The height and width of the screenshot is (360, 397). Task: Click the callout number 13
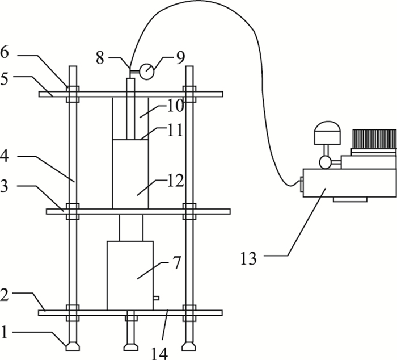coord(248,258)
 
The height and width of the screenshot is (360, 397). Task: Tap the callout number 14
coord(159,353)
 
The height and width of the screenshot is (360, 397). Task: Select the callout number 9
coord(180,58)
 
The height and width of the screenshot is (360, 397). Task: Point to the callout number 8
coord(100,58)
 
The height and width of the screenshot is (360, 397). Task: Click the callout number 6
coord(5,52)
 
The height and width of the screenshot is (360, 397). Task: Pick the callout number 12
coord(175,181)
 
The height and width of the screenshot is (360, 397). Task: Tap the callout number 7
coord(176,263)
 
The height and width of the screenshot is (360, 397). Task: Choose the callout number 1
coord(4,332)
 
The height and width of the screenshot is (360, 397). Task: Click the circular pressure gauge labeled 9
coord(146,72)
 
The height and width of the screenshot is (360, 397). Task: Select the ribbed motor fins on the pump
coord(374,139)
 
